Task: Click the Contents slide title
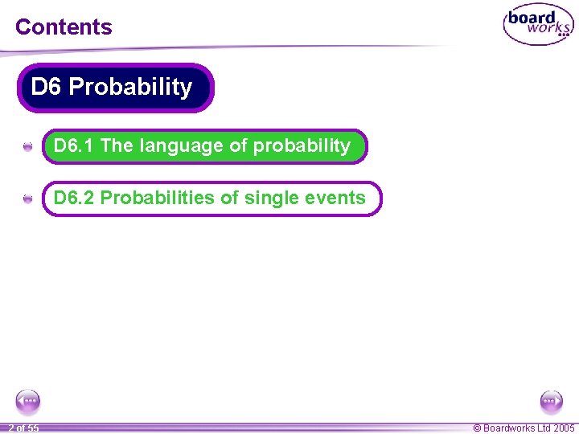64,27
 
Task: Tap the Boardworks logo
538,25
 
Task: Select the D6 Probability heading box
115,88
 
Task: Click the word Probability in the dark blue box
130,87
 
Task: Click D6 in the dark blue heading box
46,87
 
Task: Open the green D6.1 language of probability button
204,146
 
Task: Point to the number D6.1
74,146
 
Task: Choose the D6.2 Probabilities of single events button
211,199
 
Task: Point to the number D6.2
74,199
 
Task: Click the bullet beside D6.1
27,147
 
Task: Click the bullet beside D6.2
27,199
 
